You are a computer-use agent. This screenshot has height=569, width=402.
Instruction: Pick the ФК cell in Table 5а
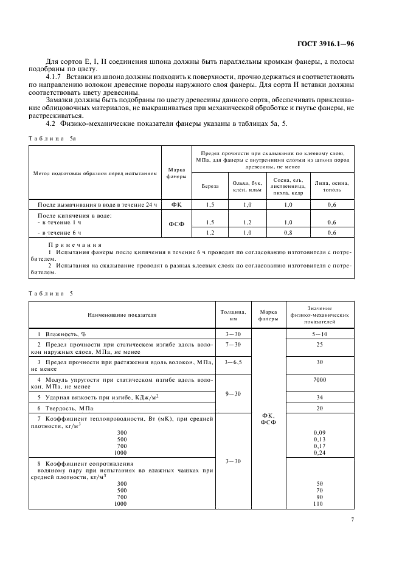click(x=176, y=205)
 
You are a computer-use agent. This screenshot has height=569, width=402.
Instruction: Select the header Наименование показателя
click(x=122, y=316)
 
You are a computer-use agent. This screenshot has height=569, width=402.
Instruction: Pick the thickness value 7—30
click(x=233, y=345)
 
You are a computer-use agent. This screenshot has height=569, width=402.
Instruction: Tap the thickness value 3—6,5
click(x=233, y=363)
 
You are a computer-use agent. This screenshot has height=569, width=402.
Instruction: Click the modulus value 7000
click(x=320, y=380)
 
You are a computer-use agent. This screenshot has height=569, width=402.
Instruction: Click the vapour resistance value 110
click(x=320, y=504)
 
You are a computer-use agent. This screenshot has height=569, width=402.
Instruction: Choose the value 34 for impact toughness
click(x=320, y=397)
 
